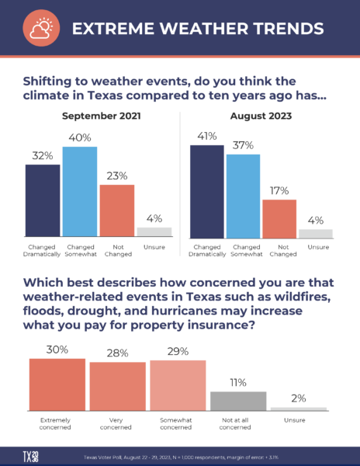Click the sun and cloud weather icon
pos(39,29)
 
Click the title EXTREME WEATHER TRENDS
pos(197,29)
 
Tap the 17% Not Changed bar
pos(280,218)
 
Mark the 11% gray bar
pos(238,401)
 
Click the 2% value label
pos(299,398)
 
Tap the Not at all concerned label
pos(238,423)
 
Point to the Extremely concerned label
pos(57,423)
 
